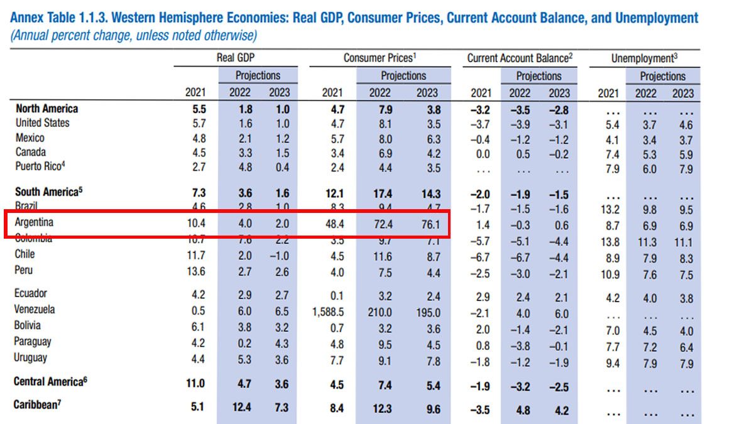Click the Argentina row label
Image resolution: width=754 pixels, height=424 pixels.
tap(35, 223)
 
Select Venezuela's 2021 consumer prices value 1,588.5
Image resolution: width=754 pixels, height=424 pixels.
tap(327, 312)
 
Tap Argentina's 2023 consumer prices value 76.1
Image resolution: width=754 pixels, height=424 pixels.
tap(427, 224)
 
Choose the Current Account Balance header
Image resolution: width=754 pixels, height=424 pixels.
tap(520, 58)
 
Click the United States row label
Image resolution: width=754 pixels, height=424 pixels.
tap(42, 123)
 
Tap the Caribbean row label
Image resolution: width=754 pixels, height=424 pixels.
tap(37, 405)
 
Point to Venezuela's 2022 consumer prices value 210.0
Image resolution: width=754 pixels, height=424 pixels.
tap(379, 312)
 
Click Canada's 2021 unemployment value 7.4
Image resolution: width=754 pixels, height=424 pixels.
tap(611, 155)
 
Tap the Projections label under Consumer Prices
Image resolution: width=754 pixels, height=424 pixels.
tap(403, 76)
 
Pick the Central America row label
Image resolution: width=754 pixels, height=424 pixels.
tap(49, 381)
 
